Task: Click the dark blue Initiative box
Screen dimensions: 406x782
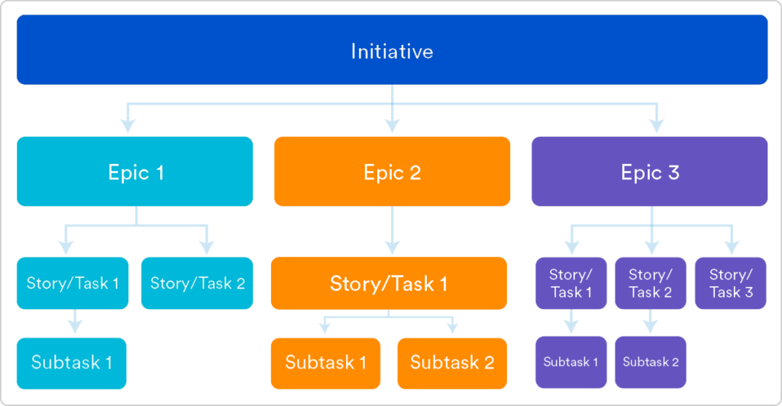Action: click(392, 50)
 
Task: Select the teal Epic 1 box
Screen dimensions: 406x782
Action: click(135, 172)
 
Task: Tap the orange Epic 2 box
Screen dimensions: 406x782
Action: click(392, 172)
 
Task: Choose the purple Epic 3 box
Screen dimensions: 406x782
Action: click(649, 172)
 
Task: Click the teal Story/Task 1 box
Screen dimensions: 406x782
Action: click(73, 283)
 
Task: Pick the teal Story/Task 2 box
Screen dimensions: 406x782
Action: click(197, 283)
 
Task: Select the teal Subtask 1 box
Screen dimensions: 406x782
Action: click(72, 362)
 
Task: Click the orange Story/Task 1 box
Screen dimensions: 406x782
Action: click(389, 284)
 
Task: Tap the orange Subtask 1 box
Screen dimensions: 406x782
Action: click(325, 362)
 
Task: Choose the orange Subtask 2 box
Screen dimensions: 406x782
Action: click(452, 362)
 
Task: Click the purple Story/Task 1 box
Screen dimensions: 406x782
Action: click(571, 283)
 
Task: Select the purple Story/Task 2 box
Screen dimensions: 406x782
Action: click(651, 283)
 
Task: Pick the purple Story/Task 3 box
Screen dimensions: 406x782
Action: click(731, 283)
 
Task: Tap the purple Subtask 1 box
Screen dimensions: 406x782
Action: click(570, 362)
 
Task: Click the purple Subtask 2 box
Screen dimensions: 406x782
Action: click(651, 362)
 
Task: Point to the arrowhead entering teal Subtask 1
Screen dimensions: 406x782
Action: click(74, 327)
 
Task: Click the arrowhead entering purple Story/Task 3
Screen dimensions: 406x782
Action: click(731, 247)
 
